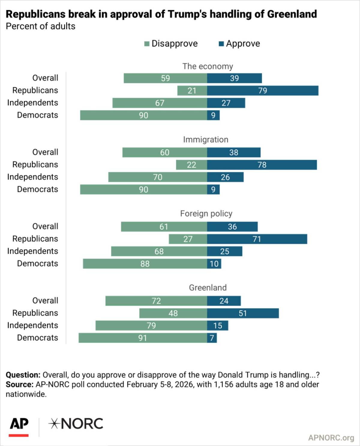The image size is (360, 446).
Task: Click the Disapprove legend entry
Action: (171, 44)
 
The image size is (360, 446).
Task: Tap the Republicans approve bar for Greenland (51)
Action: (243, 313)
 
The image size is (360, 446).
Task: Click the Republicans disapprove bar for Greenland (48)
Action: (173, 313)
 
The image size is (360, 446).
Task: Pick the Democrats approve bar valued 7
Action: (212, 338)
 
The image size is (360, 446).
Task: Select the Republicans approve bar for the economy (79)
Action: (262, 91)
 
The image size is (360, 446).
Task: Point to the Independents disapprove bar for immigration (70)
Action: (157, 177)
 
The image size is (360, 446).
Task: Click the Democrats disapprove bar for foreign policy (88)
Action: (145, 264)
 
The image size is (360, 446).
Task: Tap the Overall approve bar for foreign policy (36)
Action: (232, 227)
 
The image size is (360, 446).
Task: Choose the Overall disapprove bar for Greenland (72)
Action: (156, 301)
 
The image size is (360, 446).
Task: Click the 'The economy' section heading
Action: (208, 66)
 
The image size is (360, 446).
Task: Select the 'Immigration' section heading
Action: (206, 140)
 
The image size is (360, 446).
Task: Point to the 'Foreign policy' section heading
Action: (206, 214)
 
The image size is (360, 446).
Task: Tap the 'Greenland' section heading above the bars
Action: (208, 288)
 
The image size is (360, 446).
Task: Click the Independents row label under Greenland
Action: (33, 325)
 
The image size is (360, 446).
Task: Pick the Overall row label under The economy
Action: (45, 78)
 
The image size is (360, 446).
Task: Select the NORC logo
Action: (76, 424)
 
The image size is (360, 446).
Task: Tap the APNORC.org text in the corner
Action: (331, 438)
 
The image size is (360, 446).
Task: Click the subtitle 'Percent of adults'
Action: (40, 26)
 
